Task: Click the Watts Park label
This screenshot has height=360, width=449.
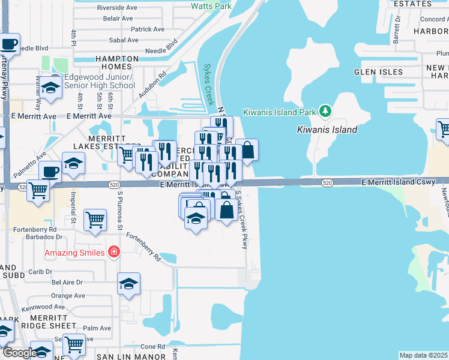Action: pos(211,6)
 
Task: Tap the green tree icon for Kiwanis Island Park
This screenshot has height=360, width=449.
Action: pos(325,111)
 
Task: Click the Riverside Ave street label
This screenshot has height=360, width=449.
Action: pos(121,8)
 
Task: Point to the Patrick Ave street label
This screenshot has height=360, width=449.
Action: pos(148,29)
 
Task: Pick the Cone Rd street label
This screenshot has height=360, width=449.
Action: pos(152,347)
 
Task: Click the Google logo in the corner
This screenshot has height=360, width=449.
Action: pos(19,353)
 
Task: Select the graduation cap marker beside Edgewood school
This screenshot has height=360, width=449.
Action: pos(52,88)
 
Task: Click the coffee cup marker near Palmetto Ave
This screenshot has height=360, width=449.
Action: pos(50,171)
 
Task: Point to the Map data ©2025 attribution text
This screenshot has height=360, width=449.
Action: pos(423,355)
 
